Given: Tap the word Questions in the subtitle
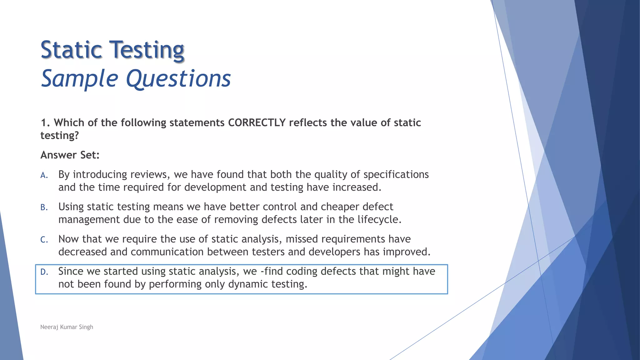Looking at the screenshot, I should (178, 78).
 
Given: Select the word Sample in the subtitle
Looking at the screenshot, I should (80, 78).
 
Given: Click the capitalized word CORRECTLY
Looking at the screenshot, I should (257, 122).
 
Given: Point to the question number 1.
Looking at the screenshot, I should (45, 122).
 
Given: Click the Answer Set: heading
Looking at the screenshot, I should (70, 155).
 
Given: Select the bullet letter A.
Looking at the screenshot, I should (44, 175).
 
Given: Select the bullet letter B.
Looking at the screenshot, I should (44, 207).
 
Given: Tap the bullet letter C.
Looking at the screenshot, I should (44, 240).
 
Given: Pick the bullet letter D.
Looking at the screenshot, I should (44, 272).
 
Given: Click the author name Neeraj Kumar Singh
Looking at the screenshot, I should (67, 327).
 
